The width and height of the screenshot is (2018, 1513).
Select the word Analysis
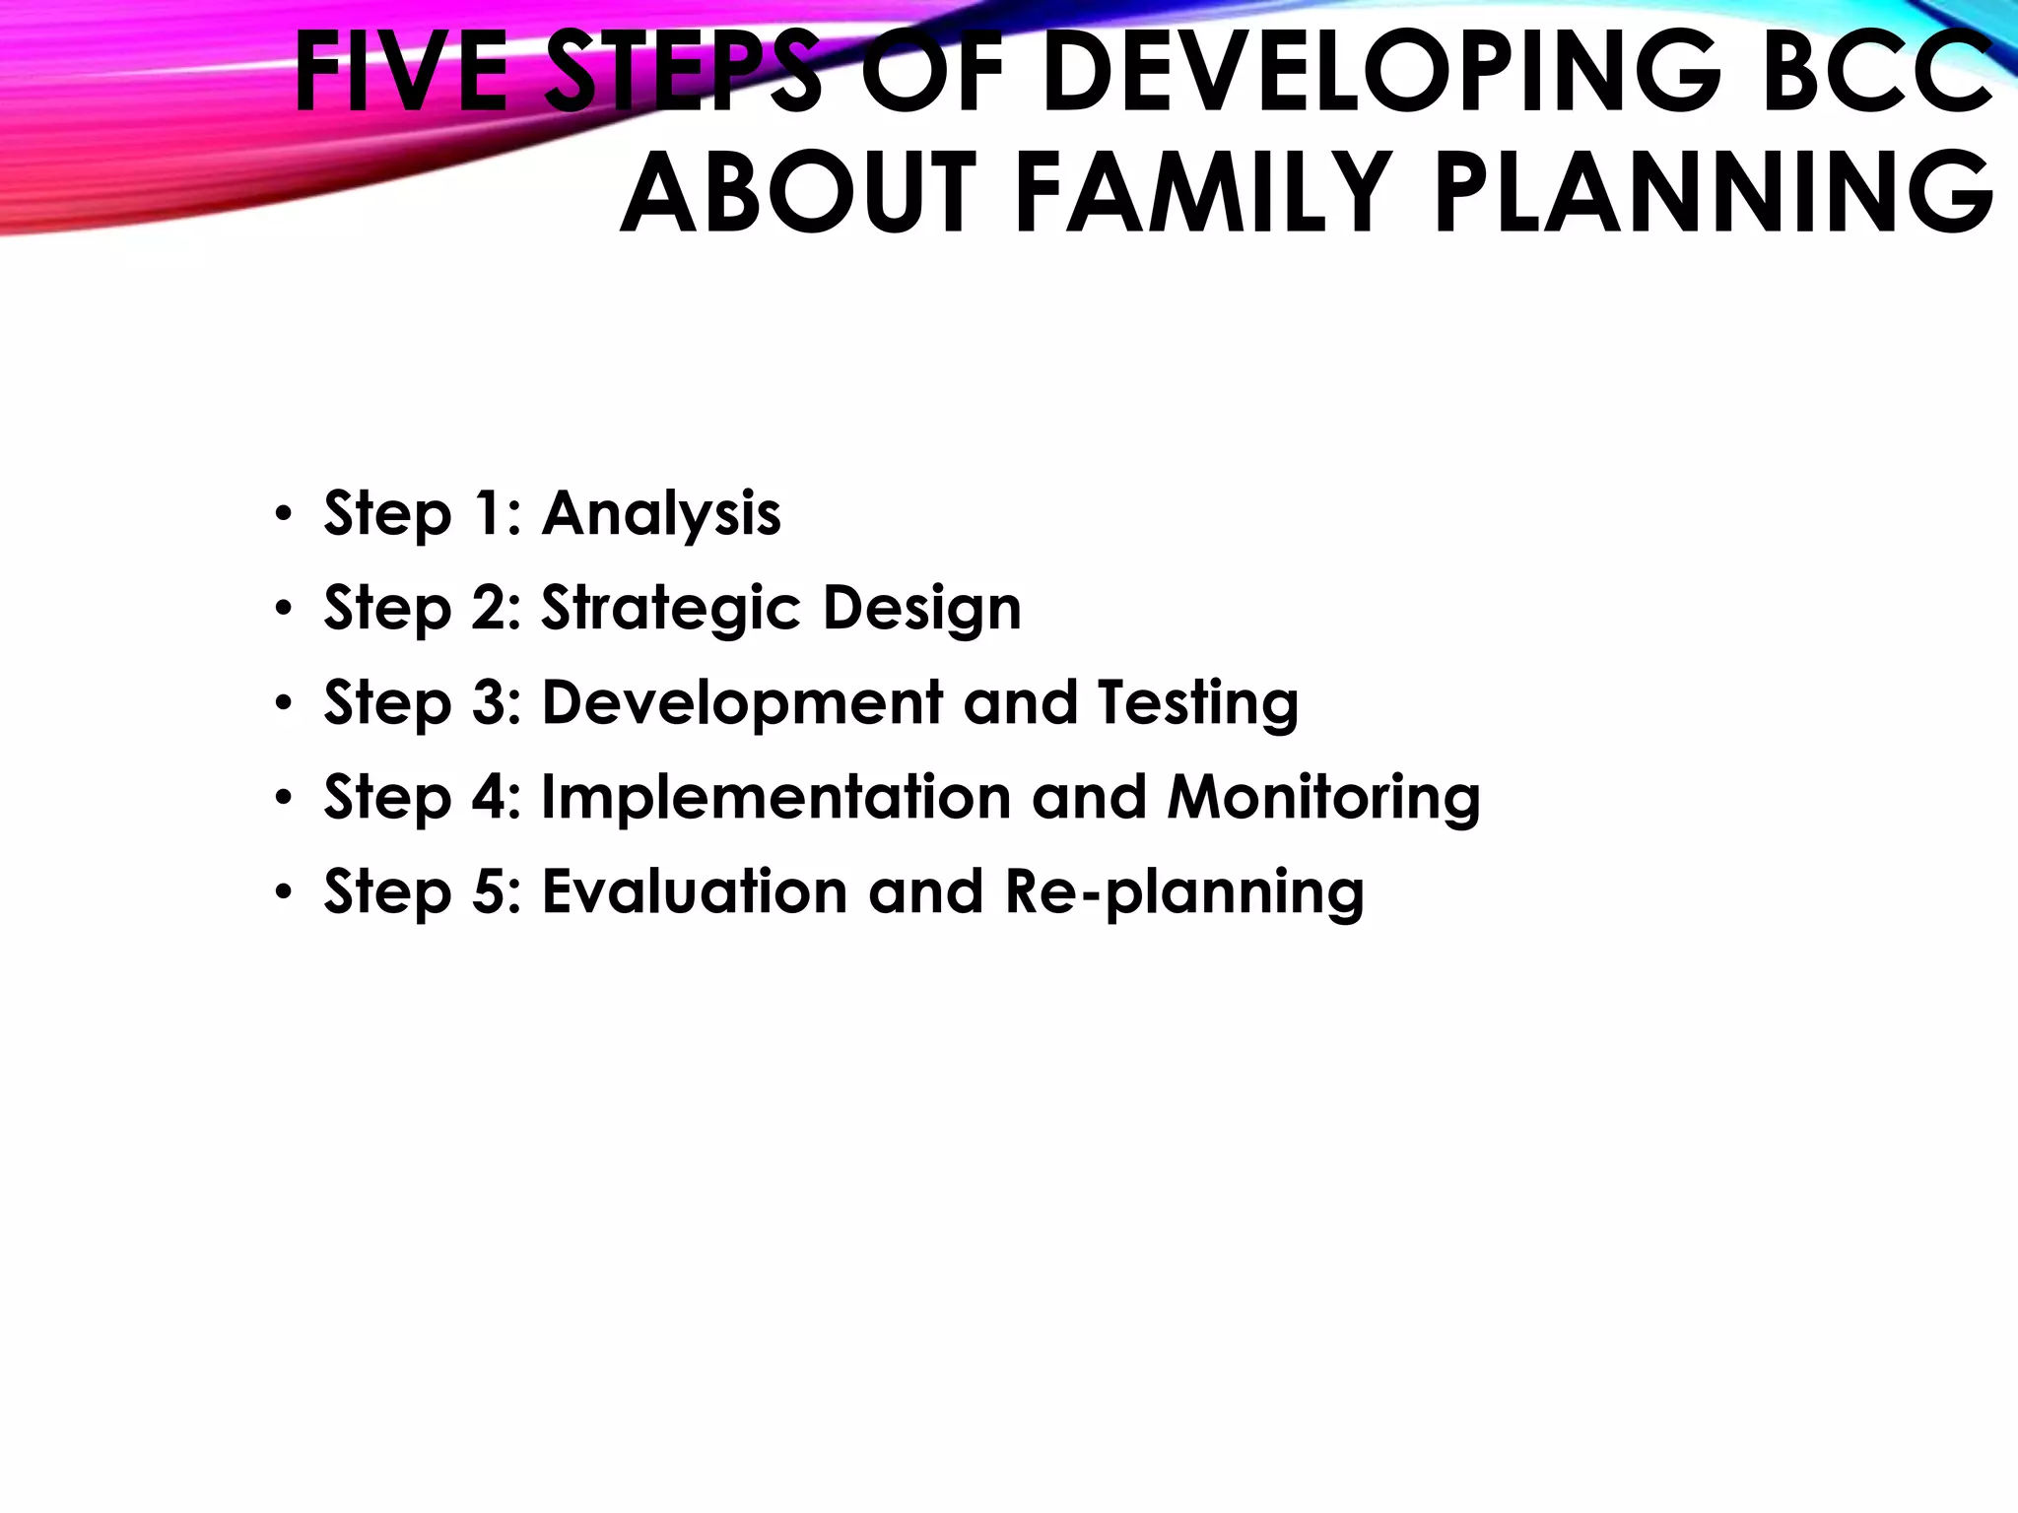tap(661, 514)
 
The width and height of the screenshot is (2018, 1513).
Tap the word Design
tap(922, 608)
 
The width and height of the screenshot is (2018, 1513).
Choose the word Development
tap(743, 702)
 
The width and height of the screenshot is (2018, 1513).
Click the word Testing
tap(1198, 702)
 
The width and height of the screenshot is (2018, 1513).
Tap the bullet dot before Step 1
tap(284, 515)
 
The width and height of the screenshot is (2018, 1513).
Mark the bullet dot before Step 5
tap(284, 892)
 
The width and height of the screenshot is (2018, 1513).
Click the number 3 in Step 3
tap(490, 702)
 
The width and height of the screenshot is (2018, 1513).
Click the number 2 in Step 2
tap(490, 608)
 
